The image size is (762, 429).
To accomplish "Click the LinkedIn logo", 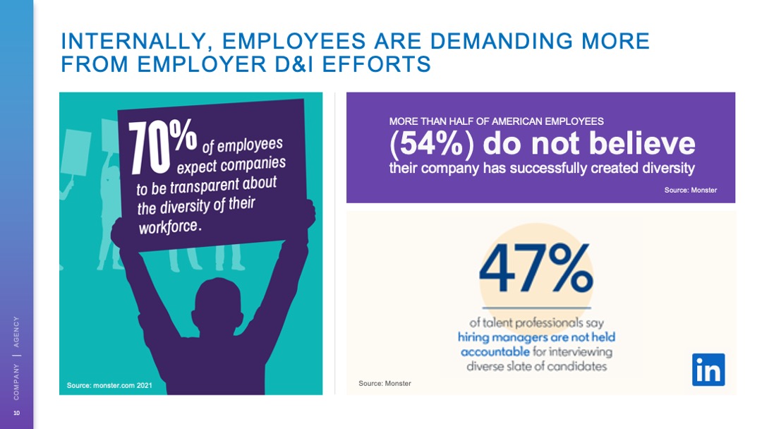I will click(708, 370).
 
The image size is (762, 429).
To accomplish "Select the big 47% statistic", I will click(536, 270).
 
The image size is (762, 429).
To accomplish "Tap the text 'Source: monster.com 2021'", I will click(109, 385).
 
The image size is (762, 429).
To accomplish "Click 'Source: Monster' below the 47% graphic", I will click(385, 383).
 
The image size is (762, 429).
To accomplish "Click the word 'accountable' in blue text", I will click(495, 351).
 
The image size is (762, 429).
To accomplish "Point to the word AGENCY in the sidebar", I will click(17, 330).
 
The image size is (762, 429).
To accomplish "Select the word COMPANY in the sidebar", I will click(17, 381).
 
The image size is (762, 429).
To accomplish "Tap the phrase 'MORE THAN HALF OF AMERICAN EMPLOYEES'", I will click(496, 121).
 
